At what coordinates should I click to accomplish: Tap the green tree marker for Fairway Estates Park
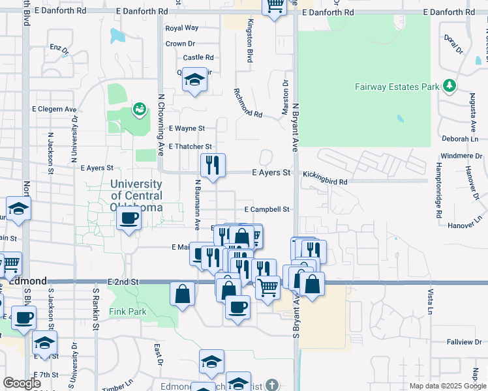449,85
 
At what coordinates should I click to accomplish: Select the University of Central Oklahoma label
136,195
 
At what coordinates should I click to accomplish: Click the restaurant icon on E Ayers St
213,165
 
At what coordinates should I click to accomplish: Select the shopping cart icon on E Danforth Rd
275,5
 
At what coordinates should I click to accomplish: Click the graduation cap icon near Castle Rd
194,80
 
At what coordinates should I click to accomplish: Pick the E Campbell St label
266,210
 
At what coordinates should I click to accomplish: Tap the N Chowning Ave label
160,124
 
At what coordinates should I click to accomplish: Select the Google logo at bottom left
22,383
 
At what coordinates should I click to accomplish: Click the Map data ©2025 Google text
446,386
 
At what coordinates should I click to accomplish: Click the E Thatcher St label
191,147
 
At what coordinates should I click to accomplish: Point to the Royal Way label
182,28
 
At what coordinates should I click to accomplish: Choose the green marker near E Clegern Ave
139,109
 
